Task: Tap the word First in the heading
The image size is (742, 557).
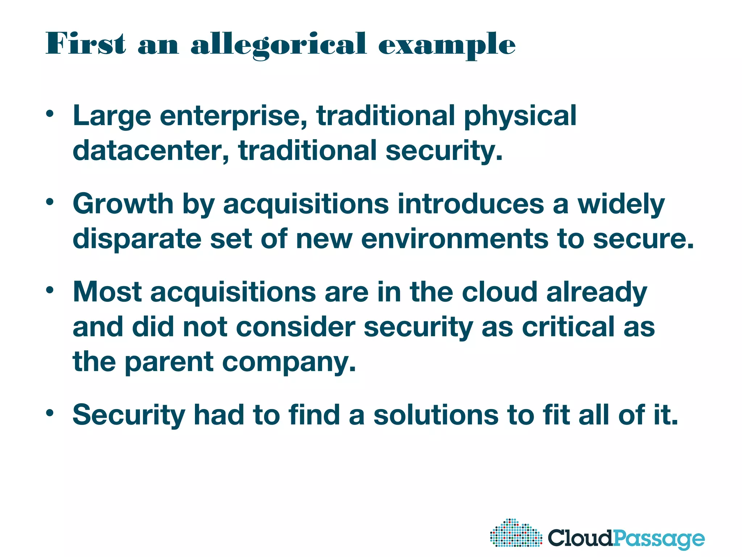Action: point(86,44)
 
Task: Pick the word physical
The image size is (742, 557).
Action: point(520,116)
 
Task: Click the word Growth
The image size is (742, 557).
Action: point(123,204)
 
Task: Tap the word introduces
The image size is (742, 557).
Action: point(471,204)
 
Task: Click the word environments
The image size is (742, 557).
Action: point(455,239)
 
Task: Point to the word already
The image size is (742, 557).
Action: point(596,292)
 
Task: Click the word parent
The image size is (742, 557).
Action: point(169,362)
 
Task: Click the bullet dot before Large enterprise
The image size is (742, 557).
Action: point(50,114)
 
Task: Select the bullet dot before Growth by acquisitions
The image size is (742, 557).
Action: point(50,202)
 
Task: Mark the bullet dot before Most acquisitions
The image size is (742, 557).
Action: point(50,290)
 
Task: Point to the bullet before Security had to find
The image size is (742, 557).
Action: point(50,412)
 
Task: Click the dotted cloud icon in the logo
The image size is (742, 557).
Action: point(516,533)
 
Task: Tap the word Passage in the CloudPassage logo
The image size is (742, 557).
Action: point(659,539)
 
